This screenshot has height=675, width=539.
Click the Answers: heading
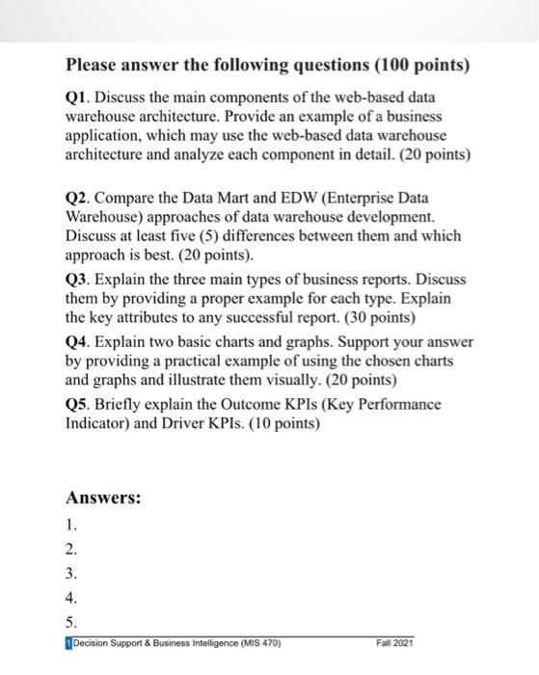point(103,499)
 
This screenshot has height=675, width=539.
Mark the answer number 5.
point(69,622)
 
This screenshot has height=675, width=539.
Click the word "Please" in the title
point(94,67)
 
